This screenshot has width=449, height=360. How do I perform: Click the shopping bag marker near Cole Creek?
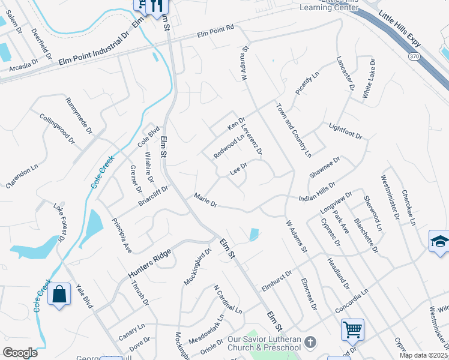59,295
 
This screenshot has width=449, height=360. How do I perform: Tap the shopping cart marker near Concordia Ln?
352,329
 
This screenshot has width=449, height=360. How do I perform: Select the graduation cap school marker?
439,242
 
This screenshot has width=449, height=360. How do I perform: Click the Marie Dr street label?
205,200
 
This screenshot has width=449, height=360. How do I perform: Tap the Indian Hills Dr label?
316,193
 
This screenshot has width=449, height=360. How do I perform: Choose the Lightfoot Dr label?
346,131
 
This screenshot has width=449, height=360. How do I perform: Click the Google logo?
20,353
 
